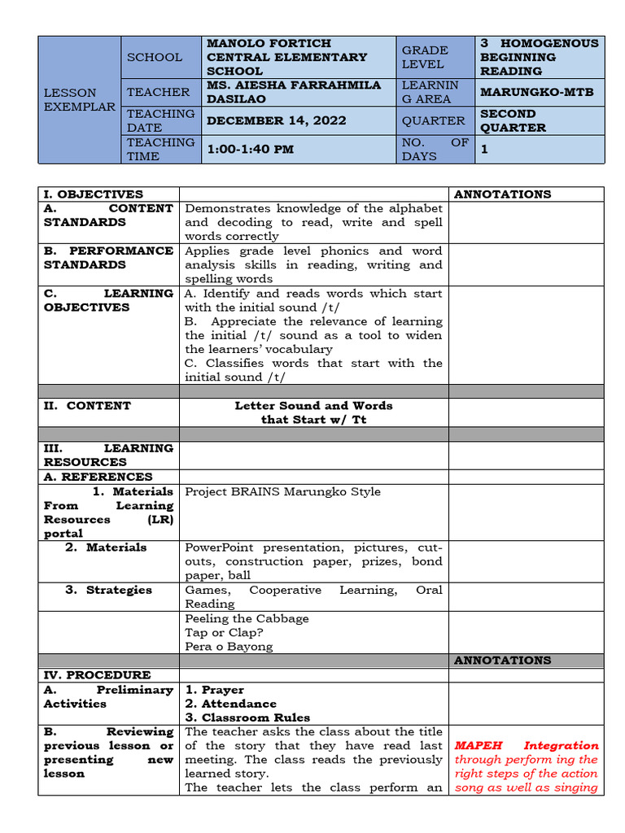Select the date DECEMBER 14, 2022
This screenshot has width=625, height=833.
pyautogui.click(x=277, y=120)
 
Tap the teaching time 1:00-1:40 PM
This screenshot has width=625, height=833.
pyautogui.click(x=251, y=149)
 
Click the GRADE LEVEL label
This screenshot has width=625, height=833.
pyautogui.click(x=425, y=57)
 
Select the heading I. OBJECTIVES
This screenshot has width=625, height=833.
pyautogui.click(x=94, y=194)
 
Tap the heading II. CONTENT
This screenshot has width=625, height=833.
pyautogui.click(x=87, y=405)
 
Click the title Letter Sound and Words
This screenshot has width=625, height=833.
pyautogui.click(x=313, y=405)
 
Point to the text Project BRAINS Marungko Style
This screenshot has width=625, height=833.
pyautogui.click(x=282, y=491)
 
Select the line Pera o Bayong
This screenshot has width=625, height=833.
pyautogui.click(x=229, y=647)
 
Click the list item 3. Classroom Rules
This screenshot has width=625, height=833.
pyautogui.click(x=247, y=717)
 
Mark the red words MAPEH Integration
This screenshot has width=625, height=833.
pyautogui.click(x=526, y=745)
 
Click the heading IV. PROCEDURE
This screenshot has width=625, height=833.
pyautogui.click(x=97, y=675)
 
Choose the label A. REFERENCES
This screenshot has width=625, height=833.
pyautogui.click(x=98, y=477)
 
